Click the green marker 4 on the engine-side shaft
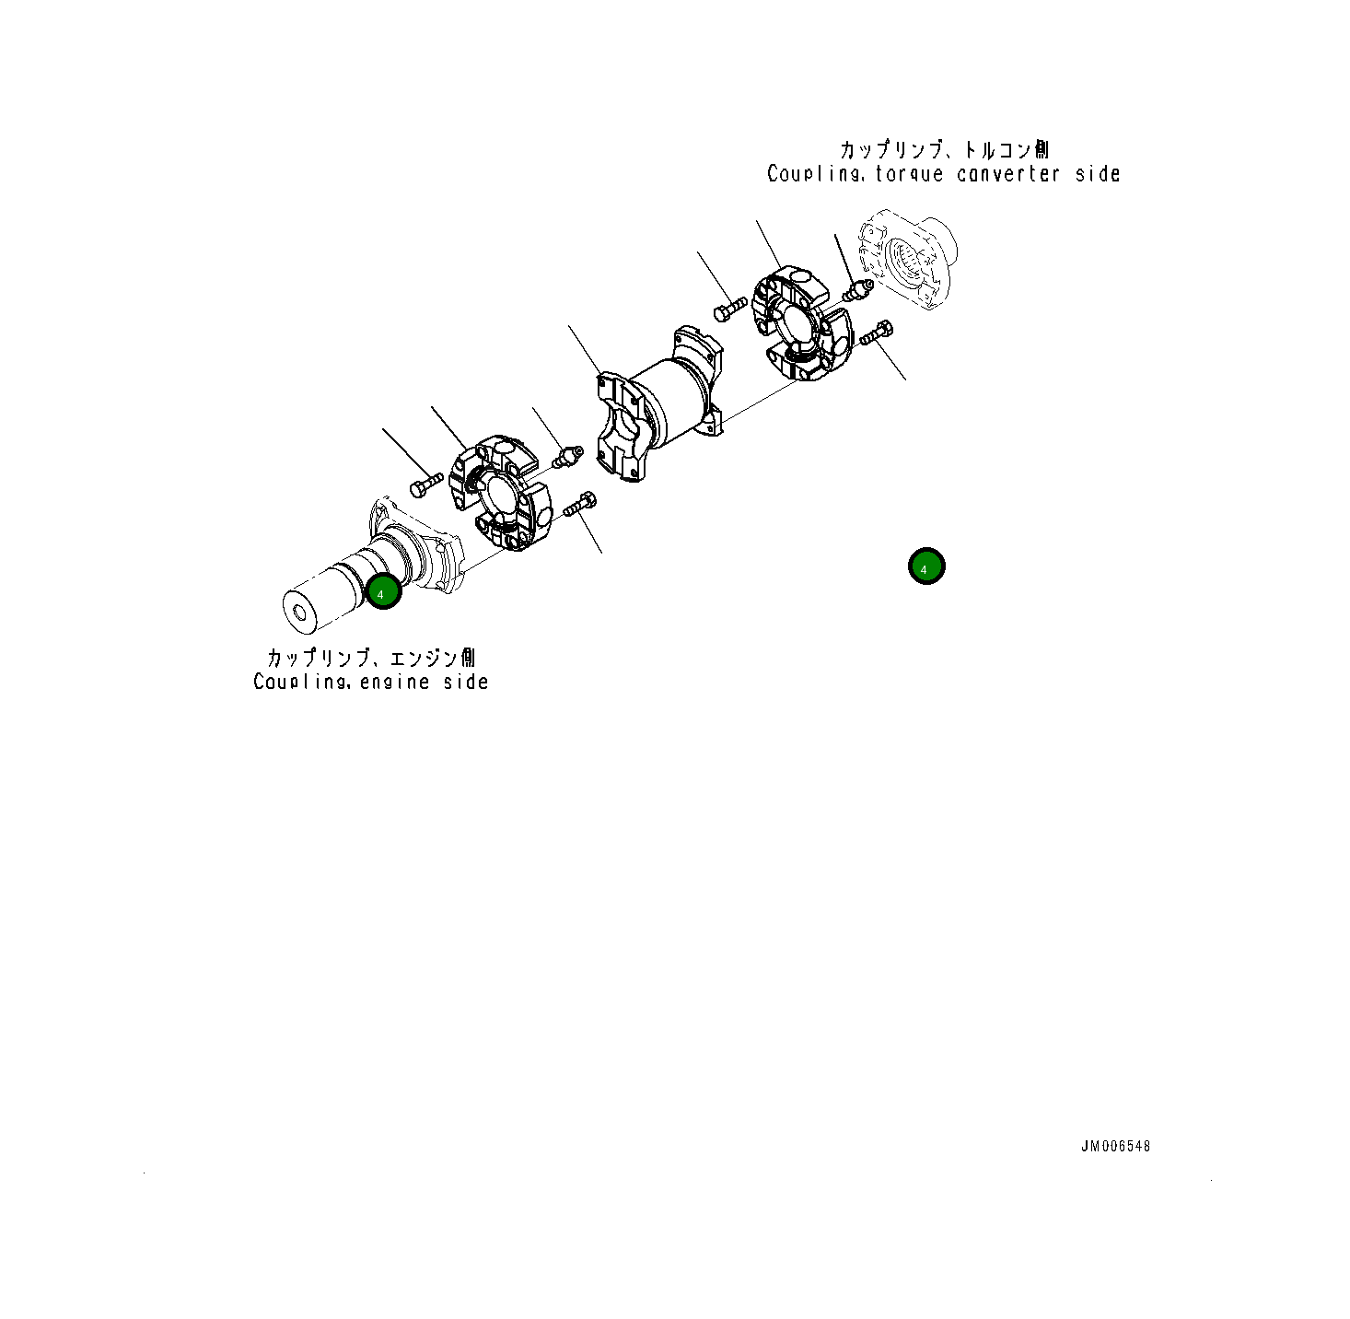383,591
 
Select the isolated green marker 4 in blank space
926,566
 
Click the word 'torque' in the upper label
910,173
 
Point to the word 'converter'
1008,173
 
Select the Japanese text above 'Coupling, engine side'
371,657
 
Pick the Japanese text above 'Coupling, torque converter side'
944,149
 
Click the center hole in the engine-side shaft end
301,613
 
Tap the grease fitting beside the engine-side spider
567,456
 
